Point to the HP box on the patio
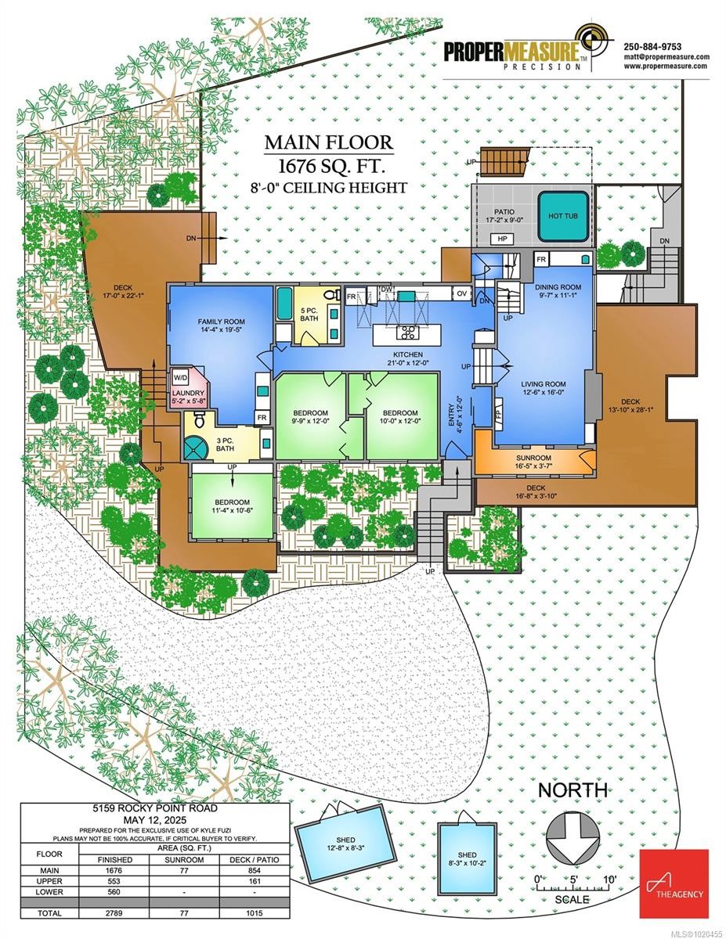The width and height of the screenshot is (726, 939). click(501, 239)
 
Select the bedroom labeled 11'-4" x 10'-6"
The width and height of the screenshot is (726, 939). click(232, 506)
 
